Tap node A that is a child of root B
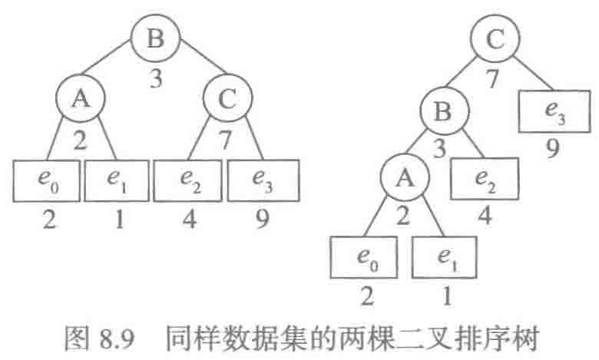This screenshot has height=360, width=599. click(x=80, y=100)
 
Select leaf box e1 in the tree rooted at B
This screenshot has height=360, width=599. click(x=115, y=179)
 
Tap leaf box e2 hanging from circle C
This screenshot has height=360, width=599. click(x=188, y=179)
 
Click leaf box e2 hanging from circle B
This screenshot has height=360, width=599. click(x=482, y=179)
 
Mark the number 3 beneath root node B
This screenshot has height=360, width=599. click(x=157, y=79)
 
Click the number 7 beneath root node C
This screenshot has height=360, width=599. click(x=495, y=78)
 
